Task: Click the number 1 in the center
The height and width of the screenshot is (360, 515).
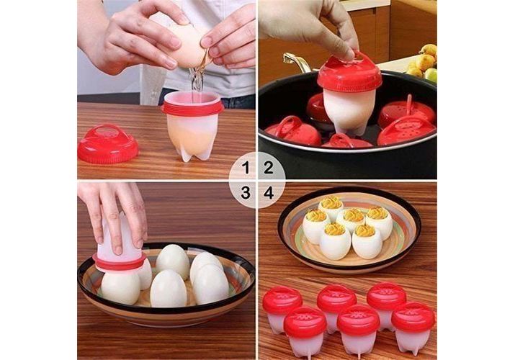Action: [246, 168]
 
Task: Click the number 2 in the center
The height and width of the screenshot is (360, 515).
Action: [269, 168]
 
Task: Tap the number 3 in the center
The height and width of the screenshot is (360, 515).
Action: [246, 193]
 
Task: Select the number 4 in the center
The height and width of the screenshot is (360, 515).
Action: [269, 193]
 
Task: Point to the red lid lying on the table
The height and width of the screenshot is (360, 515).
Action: [108, 144]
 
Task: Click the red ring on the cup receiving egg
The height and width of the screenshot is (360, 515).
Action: [193, 108]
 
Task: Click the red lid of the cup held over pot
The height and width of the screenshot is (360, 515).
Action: [349, 73]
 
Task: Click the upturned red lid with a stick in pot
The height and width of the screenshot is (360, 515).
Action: [407, 111]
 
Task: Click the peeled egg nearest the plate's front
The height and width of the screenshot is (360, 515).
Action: [168, 289]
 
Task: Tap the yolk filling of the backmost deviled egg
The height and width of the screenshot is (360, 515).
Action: [331, 202]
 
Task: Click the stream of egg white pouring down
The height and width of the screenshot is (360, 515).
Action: [196, 78]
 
